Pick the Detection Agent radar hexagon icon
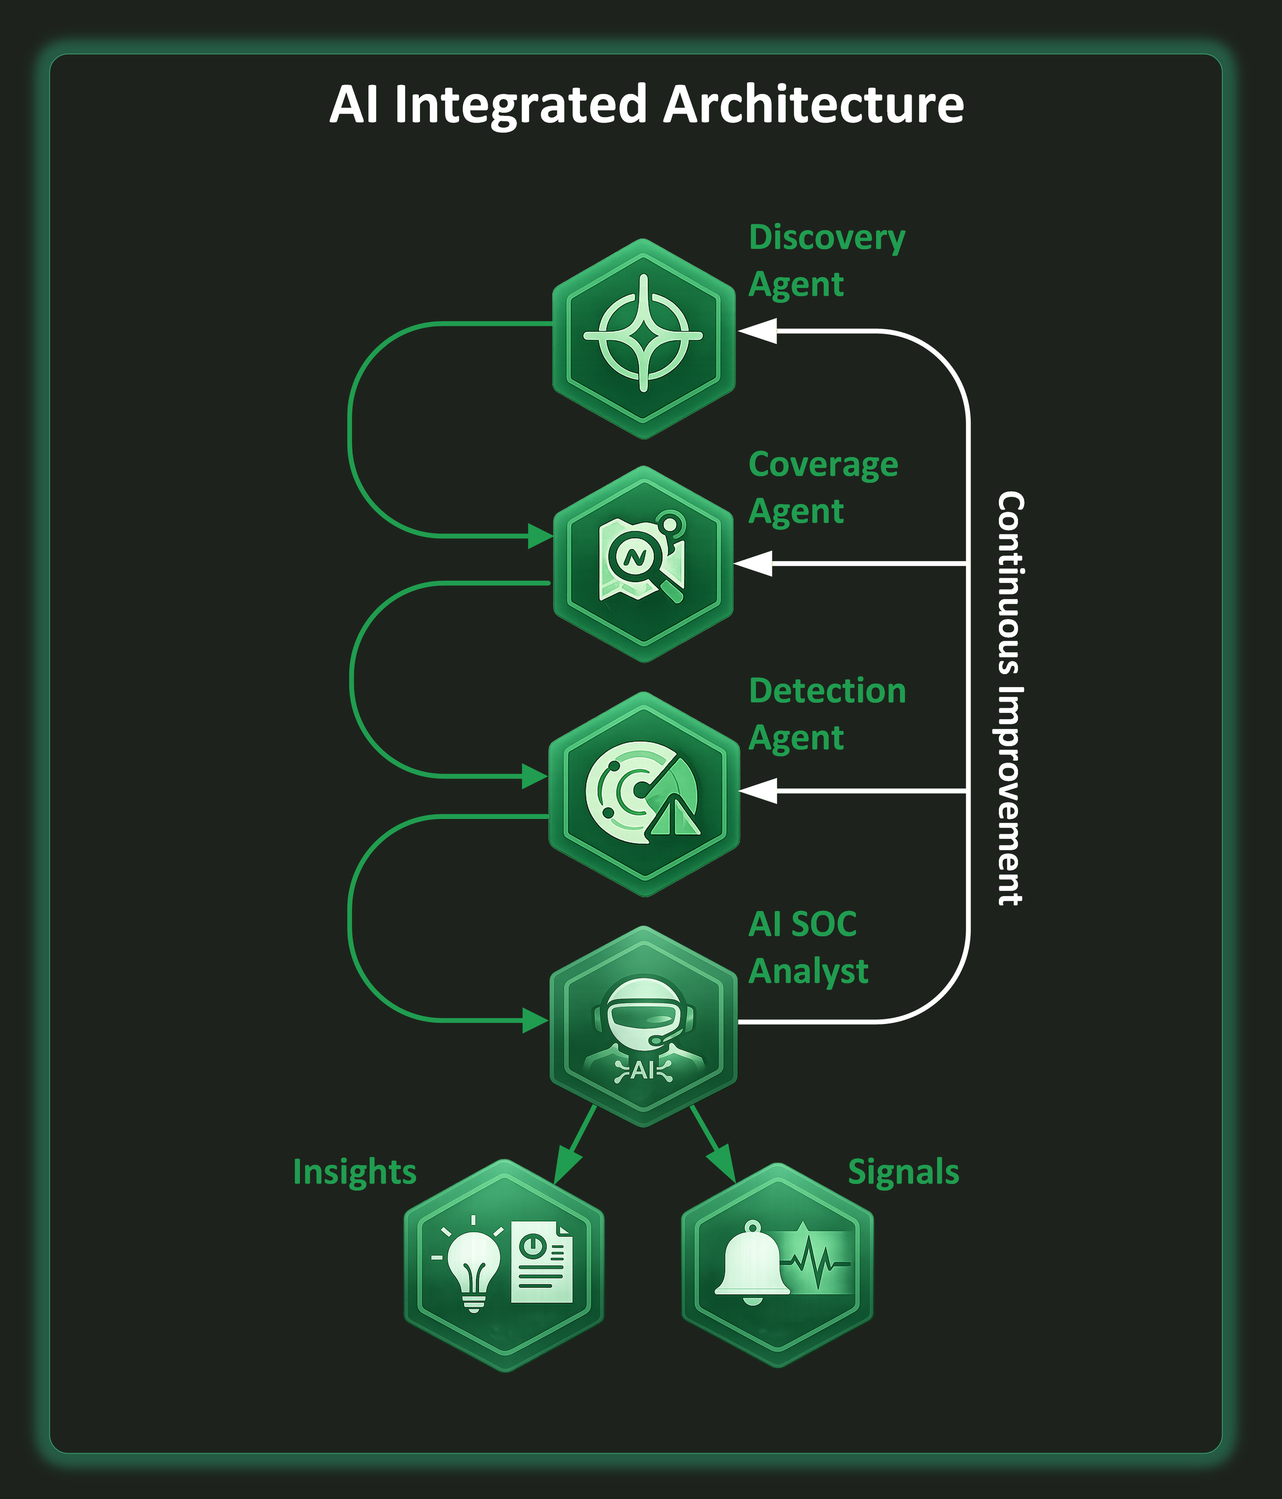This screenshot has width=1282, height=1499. point(644,793)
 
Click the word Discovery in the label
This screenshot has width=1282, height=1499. point(827,238)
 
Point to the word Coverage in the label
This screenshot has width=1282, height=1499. point(823,464)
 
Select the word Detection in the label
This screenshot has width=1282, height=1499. point(827,691)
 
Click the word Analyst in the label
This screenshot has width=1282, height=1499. point(808,971)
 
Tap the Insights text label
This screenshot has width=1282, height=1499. point(354,1172)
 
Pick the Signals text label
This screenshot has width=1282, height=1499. point(903,1172)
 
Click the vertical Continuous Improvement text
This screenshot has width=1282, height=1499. point(1010,698)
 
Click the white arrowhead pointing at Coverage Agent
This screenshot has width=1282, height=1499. point(753,563)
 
